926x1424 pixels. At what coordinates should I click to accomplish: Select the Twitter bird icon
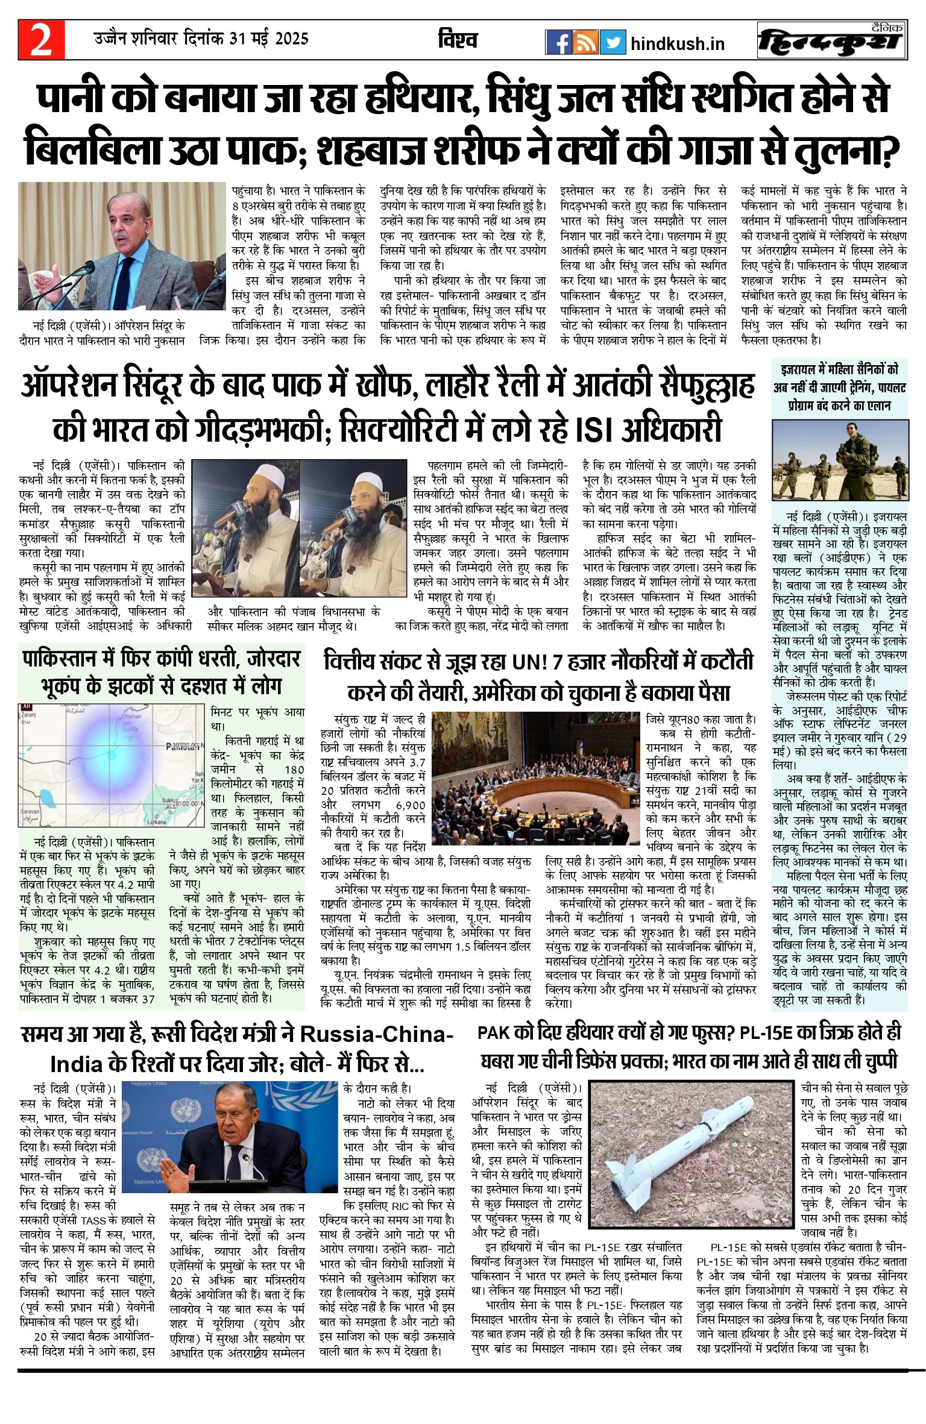click(x=613, y=42)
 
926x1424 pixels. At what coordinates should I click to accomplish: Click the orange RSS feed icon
click(x=585, y=42)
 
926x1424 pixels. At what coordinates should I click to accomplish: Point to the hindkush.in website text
click(x=677, y=44)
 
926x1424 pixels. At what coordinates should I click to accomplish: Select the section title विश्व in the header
click(x=458, y=40)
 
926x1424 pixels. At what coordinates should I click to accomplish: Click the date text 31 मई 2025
click(x=265, y=39)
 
